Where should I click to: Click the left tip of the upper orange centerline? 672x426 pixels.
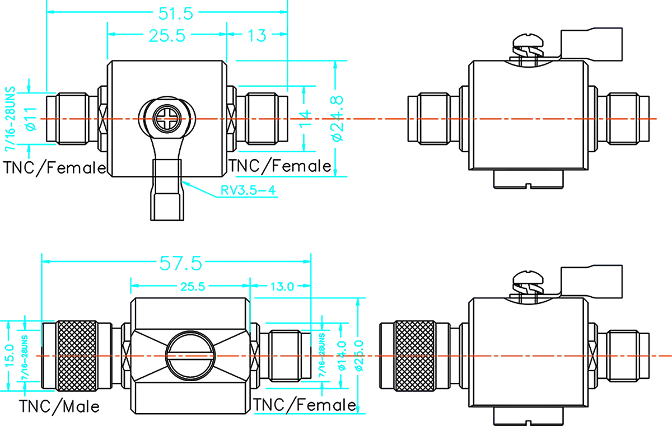[39, 119]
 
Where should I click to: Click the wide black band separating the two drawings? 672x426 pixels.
[336, 216]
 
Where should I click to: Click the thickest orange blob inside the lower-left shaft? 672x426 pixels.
[232, 355]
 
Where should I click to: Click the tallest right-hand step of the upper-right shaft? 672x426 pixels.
[594, 84]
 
